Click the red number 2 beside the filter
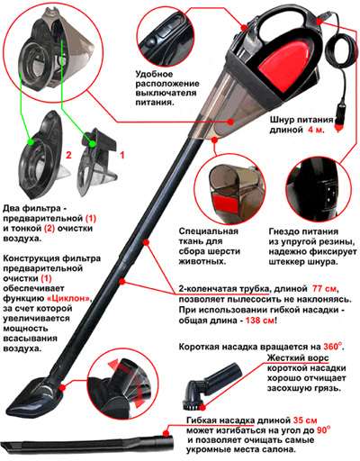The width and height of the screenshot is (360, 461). [x=66, y=155]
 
